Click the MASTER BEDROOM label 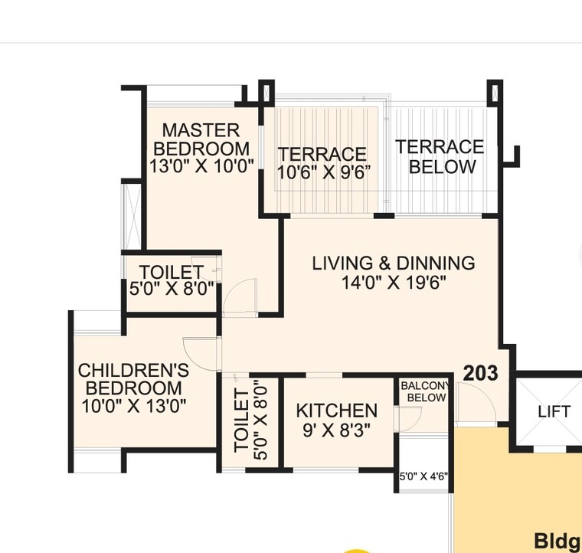[x=201, y=139]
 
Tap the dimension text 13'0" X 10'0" [x=201, y=167]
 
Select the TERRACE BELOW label [x=440, y=156]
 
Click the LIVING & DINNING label [x=393, y=263]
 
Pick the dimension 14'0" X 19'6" [x=394, y=283]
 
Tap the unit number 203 [x=480, y=373]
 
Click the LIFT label [x=554, y=411]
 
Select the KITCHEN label [x=336, y=411]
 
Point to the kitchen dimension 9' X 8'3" [x=337, y=430]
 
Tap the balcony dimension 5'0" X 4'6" [x=423, y=476]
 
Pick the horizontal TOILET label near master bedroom [x=171, y=272]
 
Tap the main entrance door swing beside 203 [x=472, y=402]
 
